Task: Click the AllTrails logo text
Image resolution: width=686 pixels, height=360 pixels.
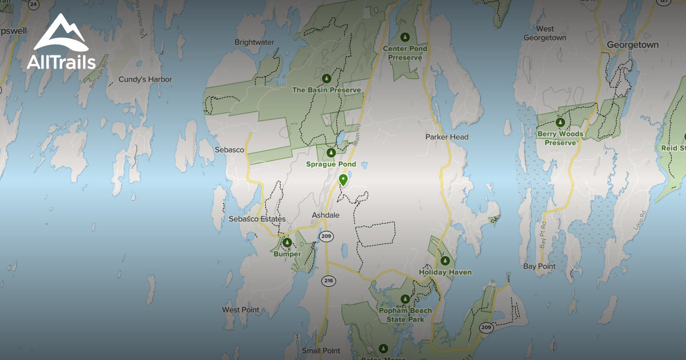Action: coord(61,62)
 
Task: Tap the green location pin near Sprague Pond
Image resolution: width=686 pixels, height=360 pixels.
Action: coord(343,180)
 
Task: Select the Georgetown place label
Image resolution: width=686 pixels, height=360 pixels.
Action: coord(632,45)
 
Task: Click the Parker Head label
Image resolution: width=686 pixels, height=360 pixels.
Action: coord(446,137)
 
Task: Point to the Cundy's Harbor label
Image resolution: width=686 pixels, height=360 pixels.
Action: coord(145,79)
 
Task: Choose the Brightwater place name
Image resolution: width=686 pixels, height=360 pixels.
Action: coord(254,42)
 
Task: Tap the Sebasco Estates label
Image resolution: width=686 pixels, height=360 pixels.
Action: coord(257,219)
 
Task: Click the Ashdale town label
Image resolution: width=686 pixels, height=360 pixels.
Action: coord(325,215)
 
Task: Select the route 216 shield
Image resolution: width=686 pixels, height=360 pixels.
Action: coord(328,281)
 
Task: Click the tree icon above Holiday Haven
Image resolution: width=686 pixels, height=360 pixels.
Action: coord(445,261)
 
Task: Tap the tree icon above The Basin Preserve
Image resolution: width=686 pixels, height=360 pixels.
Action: coord(326,78)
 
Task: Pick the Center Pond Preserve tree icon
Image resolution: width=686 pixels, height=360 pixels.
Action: coord(405,38)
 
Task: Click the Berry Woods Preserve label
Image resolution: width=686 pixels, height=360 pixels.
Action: coord(560,138)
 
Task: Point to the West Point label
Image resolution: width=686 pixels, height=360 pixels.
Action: coord(240,310)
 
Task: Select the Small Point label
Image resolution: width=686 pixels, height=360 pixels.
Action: coord(321,351)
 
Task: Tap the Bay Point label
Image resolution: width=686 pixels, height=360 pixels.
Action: coord(539,266)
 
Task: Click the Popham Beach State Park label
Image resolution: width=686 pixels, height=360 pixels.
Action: coord(405,315)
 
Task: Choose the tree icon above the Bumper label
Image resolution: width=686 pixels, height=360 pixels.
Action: coord(287,243)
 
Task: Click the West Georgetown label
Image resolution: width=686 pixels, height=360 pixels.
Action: coord(545,33)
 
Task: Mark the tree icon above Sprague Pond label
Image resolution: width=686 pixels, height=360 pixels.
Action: coord(330,153)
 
